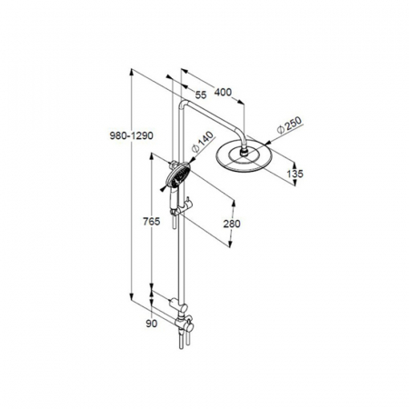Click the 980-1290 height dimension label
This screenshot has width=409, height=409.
(x=132, y=136)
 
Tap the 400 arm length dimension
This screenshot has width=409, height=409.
(x=223, y=92)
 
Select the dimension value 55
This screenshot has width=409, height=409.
(x=201, y=95)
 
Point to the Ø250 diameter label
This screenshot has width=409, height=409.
(x=290, y=125)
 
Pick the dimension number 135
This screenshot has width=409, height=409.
(x=294, y=174)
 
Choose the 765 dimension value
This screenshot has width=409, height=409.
(x=152, y=222)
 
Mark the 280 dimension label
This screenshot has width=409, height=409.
(x=232, y=224)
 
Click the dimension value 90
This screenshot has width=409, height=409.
(x=152, y=324)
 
